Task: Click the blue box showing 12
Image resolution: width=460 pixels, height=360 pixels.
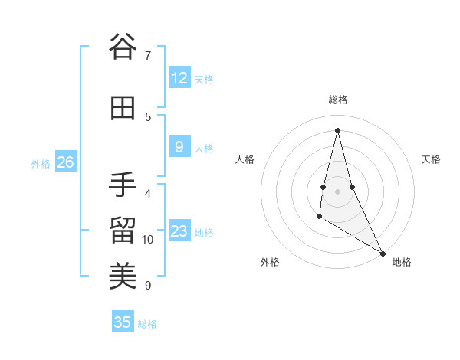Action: pyautogui.click(x=179, y=78)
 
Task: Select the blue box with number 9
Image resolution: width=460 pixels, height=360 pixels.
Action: pyautogui.click(x=179, y=148)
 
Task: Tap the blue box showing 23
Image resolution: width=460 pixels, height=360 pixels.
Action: pyautogui.click(x=179, y=231)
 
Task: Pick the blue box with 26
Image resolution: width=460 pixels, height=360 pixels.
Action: pyautogui.click(x=66, y=162)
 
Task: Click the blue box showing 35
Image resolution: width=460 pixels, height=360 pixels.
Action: pyautogui.click(x=123, y=322)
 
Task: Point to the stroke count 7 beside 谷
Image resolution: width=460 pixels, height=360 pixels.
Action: pyautogui.click(x=147, y=55)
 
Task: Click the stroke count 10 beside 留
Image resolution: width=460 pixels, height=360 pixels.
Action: pyautogui.click(x=148, y=240)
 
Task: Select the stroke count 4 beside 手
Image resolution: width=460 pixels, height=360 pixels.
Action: pyautogui.click(x=147, y=193)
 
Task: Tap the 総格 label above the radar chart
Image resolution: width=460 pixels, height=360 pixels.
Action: pyautogui.click(x=338, y=100)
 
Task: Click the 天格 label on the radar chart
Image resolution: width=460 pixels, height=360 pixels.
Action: pyautogui.click(x=431, y=159)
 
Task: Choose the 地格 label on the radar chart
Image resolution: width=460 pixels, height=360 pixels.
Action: pyautogui.click(x=402, y=262)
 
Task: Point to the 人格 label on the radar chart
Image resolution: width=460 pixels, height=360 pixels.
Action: pyautogui.click(x=245, y=159)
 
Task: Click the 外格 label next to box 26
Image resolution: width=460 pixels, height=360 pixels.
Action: pyautogui.click(x=41, y=163)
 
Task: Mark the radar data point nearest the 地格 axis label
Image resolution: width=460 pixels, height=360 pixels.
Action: pyautogui.click(x=383, y=254)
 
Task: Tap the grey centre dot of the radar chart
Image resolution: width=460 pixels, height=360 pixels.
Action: pyautogui.click(x=338, y=191)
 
